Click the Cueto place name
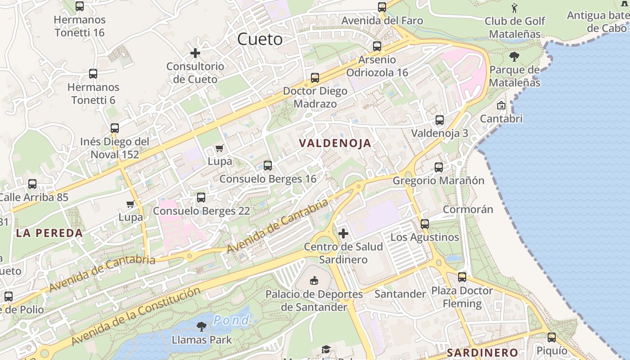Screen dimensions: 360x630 [260, 40]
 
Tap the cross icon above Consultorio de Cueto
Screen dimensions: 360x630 [195, 53]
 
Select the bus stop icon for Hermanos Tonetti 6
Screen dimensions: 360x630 [93, 74]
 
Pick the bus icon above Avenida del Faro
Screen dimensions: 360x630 [382, 7]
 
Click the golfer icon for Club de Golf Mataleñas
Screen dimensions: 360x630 [515, 8]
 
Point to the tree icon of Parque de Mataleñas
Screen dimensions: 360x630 [514, 57]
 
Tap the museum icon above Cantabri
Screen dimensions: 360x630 [501, 105]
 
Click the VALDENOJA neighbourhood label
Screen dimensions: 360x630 [336, 144]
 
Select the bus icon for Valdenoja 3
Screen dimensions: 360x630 [440, 120]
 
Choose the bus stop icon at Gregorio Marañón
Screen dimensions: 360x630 [439, 167]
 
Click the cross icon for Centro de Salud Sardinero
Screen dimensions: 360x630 [343, 234]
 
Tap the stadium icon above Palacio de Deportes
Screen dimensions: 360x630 [314, 281]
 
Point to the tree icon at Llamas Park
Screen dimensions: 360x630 [202, 326]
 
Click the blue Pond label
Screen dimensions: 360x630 [231, 320]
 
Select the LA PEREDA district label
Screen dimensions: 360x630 [49, 233]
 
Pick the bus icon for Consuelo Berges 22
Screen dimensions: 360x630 [201, 198]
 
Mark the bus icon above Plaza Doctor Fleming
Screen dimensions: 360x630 [462, 277]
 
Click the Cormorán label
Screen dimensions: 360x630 [468, 210]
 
